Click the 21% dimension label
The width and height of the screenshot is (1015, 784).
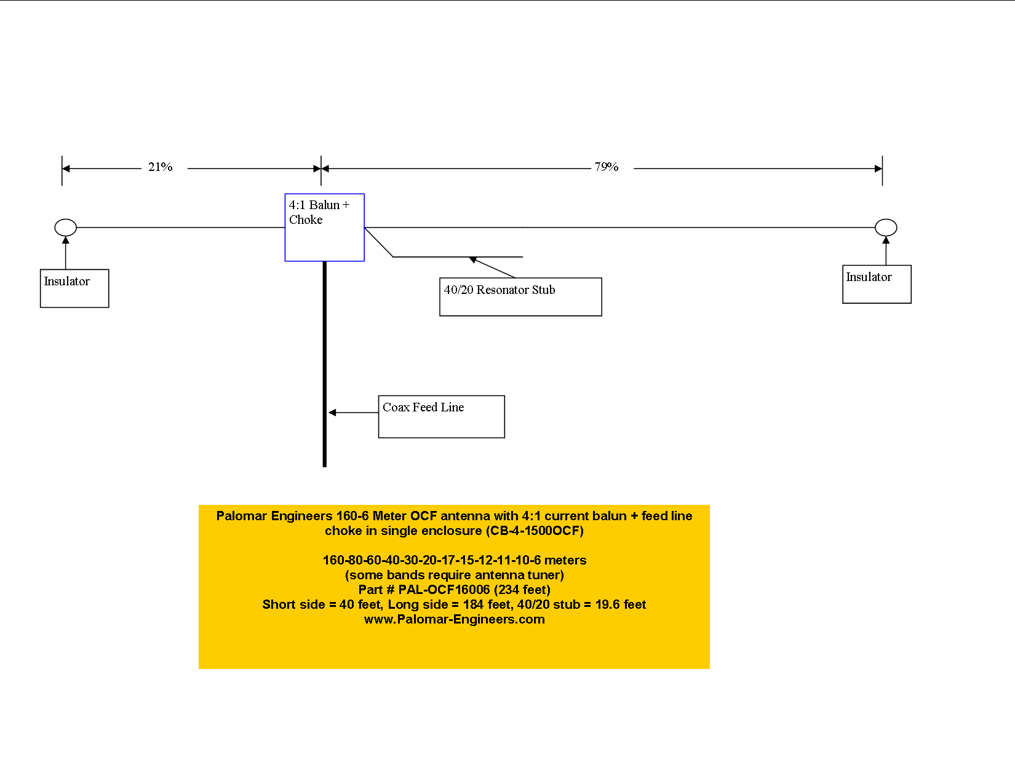(x=160, y=167)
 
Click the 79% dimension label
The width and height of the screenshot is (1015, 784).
(x=606, y=167)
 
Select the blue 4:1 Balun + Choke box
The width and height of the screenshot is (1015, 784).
(x=324, y=228)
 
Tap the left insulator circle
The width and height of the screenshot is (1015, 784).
(x=66, y=228)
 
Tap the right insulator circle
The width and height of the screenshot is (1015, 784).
(x=886, y=228)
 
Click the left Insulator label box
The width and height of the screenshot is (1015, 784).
(x=74, y=288)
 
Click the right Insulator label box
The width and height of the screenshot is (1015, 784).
(x=877, y=284)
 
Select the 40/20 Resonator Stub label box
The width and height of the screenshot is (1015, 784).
(x=520, y=297)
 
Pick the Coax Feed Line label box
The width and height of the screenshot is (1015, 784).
(x=441, y=416)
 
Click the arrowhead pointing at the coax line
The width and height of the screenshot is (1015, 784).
(x=332, y=413)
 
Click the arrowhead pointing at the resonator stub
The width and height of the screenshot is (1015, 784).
(x=473, y=260)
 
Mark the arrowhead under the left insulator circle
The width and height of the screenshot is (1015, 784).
(x=66, y=240)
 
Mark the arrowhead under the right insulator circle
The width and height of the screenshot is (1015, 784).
(x=886, y=240)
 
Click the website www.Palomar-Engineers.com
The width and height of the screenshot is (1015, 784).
(x=454, y=619)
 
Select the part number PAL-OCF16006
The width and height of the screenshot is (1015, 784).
(x=444, y=590)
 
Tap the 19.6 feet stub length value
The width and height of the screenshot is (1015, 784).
(x=620, y=604)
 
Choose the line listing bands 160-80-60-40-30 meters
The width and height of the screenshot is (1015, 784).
(x=454, y=560)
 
